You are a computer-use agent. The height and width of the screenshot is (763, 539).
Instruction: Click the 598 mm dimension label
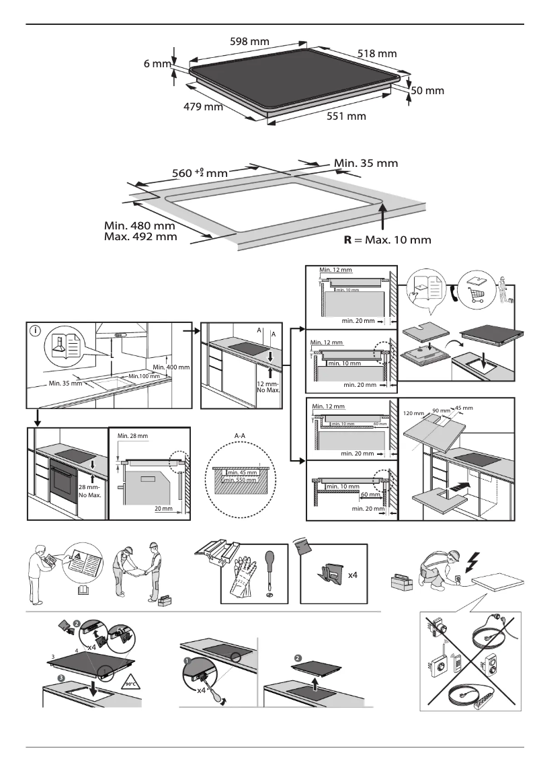click(249, 42)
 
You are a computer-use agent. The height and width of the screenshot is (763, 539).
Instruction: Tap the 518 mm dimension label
click(377, 52)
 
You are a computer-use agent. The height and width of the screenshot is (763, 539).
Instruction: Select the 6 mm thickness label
click(157, 64)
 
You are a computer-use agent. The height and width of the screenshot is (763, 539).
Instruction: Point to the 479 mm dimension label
click(202, 106)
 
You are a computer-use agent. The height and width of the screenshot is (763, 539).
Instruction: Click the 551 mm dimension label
click(346, 116)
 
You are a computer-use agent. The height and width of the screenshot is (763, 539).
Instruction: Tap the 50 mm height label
click(427, 90)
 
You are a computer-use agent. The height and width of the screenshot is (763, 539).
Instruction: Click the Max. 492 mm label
click(140, 236)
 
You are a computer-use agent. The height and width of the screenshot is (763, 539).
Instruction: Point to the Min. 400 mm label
click(172, 367)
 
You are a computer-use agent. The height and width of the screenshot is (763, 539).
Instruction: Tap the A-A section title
click(240, 436)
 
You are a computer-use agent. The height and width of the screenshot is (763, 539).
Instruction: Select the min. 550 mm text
click(239, 480)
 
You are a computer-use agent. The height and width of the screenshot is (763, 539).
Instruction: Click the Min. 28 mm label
click(132, 436)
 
